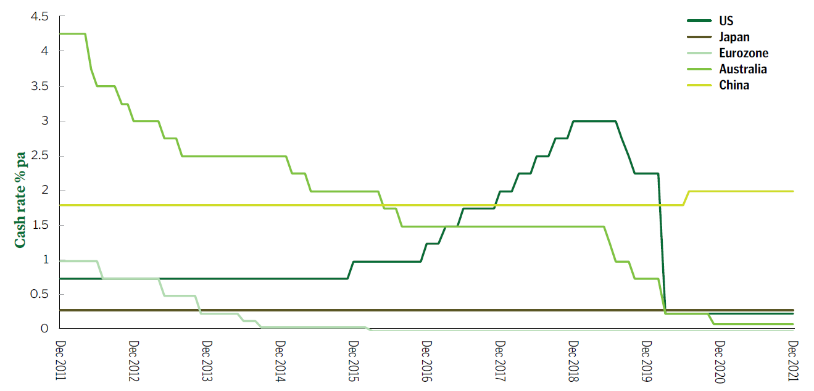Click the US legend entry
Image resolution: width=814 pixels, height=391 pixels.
(x=726, y=21)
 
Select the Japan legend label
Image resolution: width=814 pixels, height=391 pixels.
(x=734, y=37)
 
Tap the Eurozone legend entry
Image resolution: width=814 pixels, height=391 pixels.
(x=744, y=53)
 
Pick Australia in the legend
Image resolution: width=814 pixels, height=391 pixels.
(x=743, y=69)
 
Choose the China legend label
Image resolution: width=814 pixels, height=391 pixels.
(x=734, y=85)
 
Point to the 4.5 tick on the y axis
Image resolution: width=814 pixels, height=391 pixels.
(x=39, y=16)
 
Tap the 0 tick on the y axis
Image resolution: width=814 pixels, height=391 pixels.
(x=44, y=329)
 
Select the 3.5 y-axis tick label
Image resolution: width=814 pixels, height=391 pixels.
(x=39, y=86)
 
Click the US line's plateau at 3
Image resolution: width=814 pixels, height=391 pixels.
(x=594, y=121)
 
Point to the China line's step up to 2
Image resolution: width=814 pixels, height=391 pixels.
(x=686, y=198)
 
